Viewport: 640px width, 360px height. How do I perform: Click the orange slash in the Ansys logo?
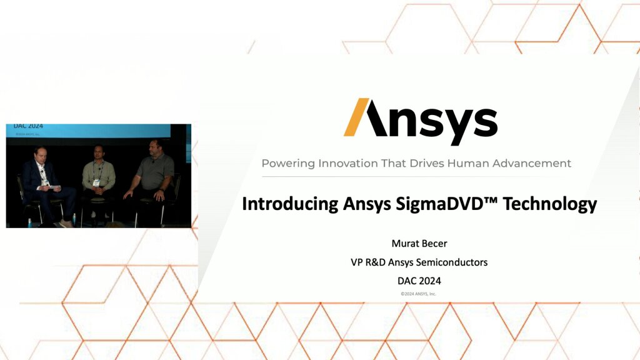tap(358, 117)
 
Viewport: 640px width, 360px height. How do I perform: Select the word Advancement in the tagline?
tap(533, 164)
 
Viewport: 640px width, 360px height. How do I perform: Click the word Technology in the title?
tap(559, 204)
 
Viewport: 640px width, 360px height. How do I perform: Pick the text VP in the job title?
tap(357, 262)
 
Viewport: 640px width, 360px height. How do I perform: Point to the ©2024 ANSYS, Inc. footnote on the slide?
tap(419, 293)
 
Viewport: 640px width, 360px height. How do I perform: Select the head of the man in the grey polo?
tap(153, 149)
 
